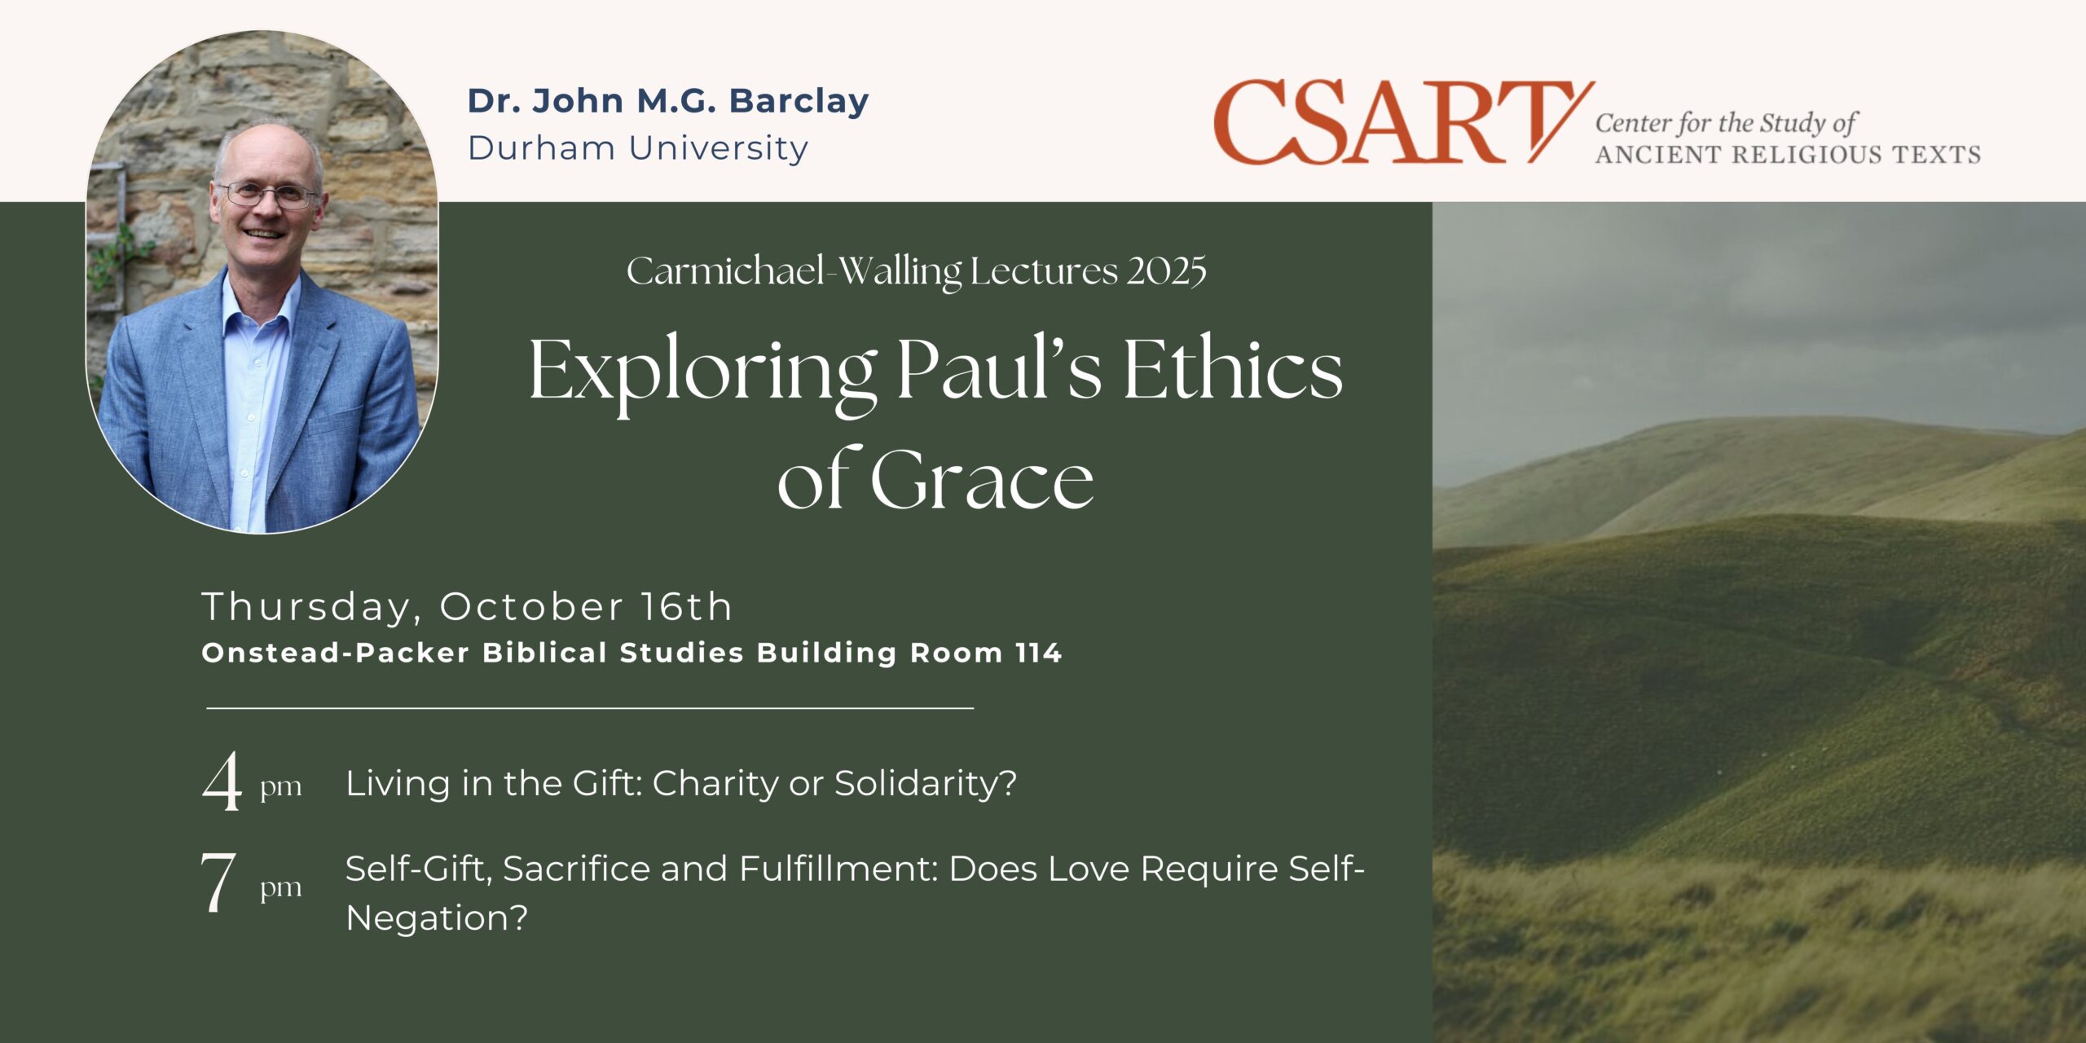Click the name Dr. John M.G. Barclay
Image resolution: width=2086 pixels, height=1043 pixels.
pos(668,101)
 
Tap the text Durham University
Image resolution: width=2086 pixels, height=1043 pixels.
pos(638,148)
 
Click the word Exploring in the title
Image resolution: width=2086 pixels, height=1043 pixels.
pos(703,372)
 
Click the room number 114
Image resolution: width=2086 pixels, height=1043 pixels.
pos(1038,653)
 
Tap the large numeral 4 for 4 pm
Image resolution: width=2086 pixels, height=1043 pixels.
pos(222,781)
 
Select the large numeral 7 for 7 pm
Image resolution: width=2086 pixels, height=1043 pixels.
pos(218,882)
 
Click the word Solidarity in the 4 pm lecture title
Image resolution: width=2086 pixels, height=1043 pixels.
pos(926,784)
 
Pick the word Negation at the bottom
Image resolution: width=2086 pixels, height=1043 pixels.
pos(437,918)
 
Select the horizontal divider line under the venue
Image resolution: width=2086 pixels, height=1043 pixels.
pos(590,708)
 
